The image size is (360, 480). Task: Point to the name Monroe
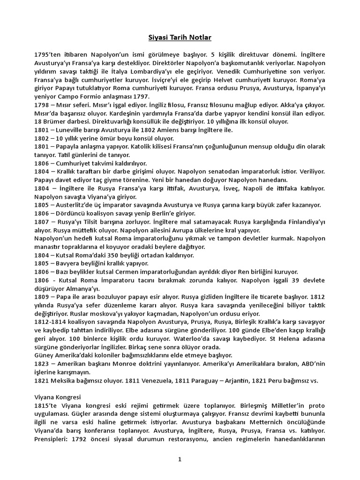[x=134, y=364]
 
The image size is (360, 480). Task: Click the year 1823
[x=42, y=364]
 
